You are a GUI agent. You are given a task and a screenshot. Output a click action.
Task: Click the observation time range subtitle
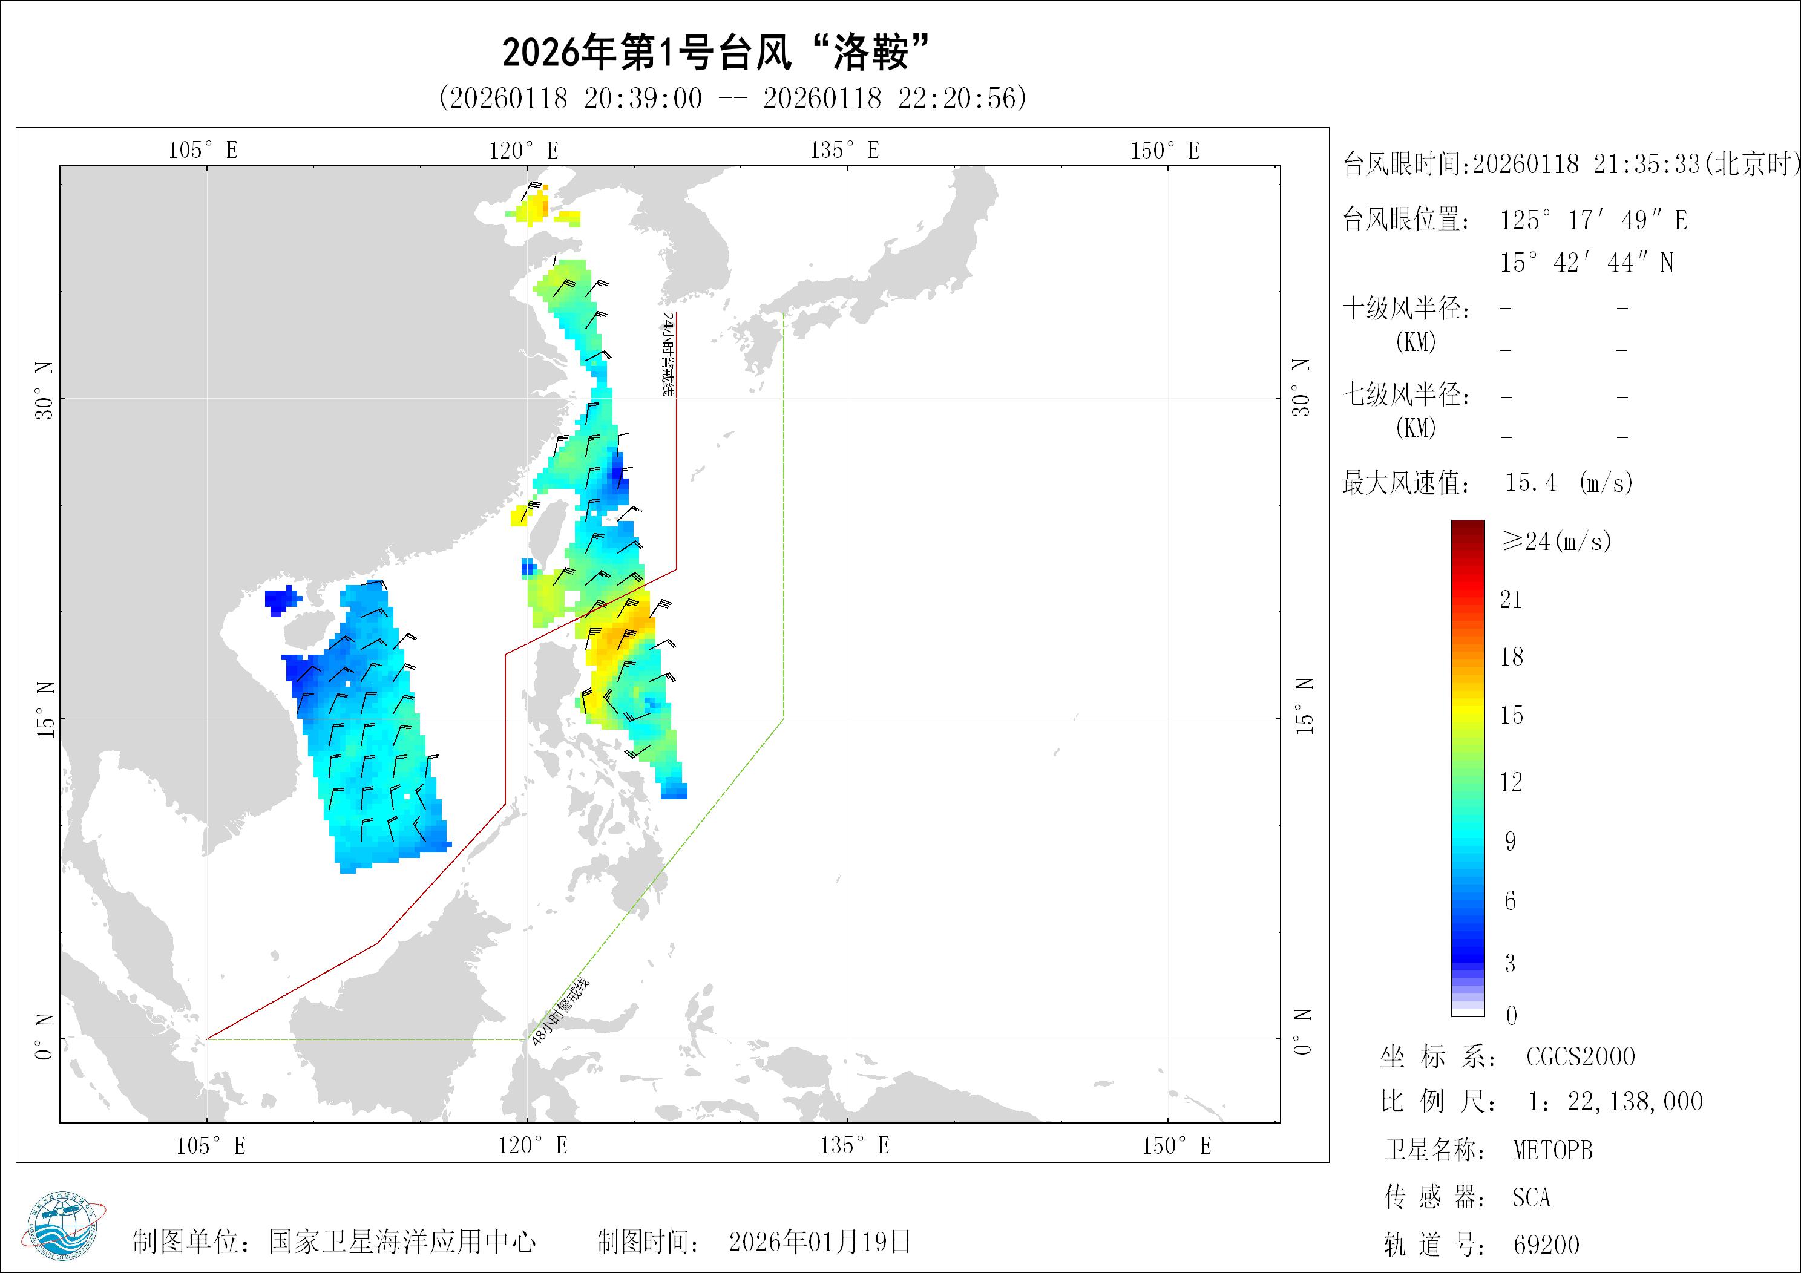click(733, 98)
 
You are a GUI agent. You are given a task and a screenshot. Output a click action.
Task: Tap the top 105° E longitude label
click(203, 150)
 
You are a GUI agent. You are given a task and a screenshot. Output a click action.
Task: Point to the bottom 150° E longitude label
click(1176, 1146)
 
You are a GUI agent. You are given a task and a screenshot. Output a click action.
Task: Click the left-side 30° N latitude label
click(45, 390)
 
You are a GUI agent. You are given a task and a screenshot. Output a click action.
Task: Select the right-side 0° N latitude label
click(1302, 1032)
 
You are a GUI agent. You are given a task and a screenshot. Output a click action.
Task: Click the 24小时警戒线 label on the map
click(668, 355)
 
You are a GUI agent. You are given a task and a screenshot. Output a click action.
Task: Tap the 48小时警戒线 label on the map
click(560, 1013)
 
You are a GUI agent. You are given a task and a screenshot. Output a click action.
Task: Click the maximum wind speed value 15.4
click(1530, 482)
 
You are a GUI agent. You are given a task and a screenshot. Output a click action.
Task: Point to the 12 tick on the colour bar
click(1511, 782)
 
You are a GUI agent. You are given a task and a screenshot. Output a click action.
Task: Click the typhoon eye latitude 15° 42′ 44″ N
click(1587, 262)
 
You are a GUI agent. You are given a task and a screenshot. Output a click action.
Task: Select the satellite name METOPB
click(1552, 1151)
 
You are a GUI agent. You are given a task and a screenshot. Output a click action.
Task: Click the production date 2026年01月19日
click(819, 1242)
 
